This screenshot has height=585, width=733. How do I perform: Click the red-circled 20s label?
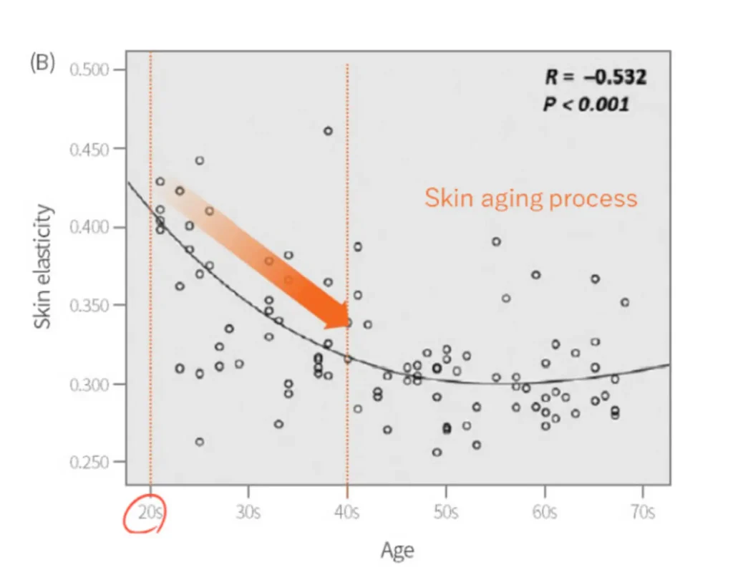[x=148, y=513]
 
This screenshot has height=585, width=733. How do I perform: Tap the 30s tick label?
[x=248, y=513]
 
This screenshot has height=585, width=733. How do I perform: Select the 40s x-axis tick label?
[x=347, y=513]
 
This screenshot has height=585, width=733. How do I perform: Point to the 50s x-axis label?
[x=446, y=513]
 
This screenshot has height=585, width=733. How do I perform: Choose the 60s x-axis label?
[x=545, y=513]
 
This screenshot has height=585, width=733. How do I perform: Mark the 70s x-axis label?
[x=643, y=513]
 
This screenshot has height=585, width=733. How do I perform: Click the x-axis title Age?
[x=397, y=550]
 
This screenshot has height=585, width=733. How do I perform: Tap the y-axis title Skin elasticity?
[x=44, y=266]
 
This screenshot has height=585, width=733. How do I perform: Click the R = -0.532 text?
[x=596, y=77]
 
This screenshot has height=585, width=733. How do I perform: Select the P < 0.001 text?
[x=586, y=104]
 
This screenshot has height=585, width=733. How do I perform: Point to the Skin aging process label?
[x=530, y=198]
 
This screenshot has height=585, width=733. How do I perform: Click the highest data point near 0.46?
[x=328, y=131]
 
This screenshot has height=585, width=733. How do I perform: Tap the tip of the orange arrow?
[x=349, y=323]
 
